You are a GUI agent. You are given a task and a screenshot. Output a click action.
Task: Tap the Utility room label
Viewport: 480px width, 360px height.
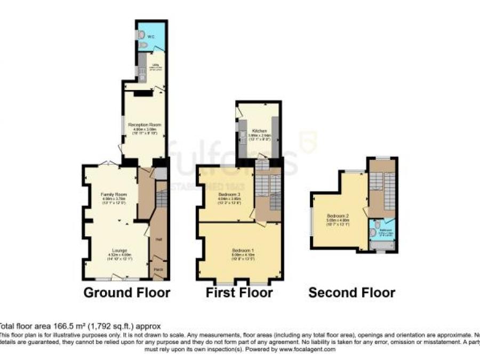(151, 67)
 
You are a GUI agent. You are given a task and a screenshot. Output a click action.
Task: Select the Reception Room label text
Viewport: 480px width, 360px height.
(144, 125)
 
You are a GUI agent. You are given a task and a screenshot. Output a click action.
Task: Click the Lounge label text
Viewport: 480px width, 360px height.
(119, 250)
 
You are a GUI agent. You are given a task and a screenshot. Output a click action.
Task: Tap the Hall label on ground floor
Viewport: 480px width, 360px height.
(158, 239)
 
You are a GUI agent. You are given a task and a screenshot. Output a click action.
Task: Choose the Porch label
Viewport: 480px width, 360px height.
(158, 270)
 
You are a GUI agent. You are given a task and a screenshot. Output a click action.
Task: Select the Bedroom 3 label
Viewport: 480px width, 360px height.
(227, 195)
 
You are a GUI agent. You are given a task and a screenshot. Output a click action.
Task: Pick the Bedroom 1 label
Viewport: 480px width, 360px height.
(239, 250)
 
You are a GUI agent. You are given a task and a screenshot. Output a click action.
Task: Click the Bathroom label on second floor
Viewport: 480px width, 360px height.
(385, 230)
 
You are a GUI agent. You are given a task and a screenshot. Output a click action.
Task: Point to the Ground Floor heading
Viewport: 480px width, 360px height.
(127, 293)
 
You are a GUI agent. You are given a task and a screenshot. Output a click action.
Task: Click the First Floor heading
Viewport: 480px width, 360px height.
(239, 293)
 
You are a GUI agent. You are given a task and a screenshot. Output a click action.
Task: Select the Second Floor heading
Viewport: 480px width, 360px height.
(351, 293)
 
